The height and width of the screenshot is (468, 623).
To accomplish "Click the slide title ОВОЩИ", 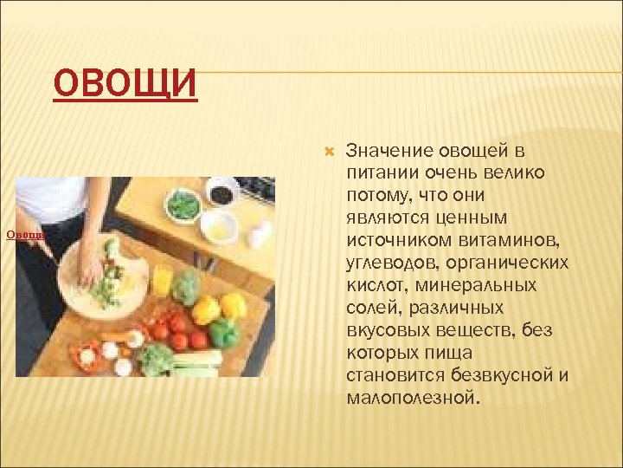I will click(125, 86).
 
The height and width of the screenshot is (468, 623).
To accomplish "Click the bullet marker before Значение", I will click(328, 152).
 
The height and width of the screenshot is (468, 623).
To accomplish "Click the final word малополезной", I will click(412, 398).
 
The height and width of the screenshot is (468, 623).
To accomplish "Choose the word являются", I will click(386, 216).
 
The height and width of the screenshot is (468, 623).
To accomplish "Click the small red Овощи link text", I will click(25, 235).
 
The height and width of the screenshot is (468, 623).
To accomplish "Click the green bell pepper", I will click(224, 333).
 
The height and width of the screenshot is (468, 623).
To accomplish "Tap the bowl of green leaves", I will click(183, 205).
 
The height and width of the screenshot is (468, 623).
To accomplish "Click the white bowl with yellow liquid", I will click(219, 226).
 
